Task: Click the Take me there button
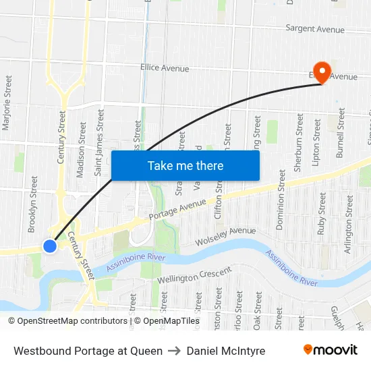185,165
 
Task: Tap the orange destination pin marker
322,72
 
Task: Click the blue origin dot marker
50,246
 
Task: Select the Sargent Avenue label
315,29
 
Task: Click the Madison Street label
82,150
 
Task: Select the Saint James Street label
99,143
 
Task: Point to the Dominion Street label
281,199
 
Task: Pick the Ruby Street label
322,214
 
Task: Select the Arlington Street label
349,216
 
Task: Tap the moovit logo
330,350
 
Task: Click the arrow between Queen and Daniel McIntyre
175,351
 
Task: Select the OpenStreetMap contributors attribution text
67,321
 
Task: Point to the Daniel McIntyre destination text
226,351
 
